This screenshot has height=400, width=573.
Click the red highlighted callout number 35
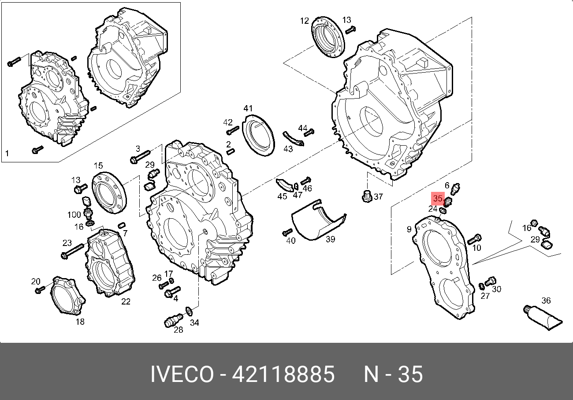click(438, 198)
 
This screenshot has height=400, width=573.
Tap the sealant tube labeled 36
click(543, 318)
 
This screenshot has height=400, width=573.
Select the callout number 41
click(248, 108)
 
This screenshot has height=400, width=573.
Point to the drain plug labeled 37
click(367, 196)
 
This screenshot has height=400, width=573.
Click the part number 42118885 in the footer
click(283, 374)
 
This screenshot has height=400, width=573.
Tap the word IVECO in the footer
click(182, 374)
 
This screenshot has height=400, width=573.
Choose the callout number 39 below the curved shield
click(330, 239)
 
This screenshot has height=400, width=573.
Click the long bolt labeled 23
click(73, 251)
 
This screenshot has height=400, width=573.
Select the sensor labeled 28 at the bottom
click(173, 320)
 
